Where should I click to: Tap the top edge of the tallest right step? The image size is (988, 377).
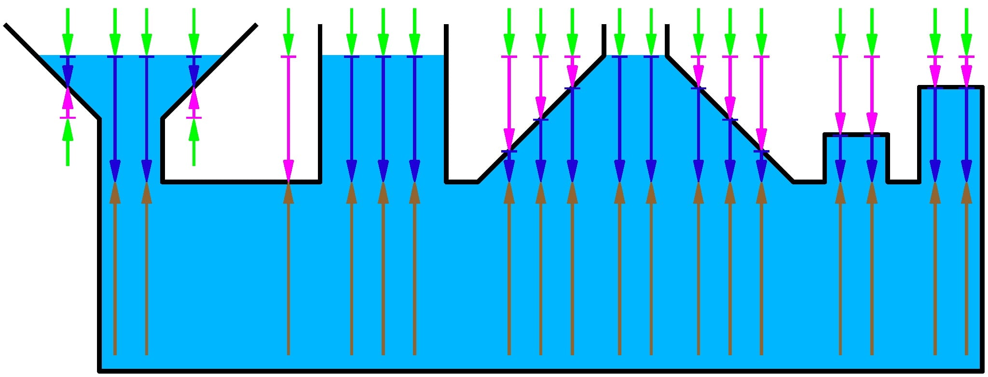pos(950,87)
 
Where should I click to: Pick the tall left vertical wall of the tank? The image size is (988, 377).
pos(100,241)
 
